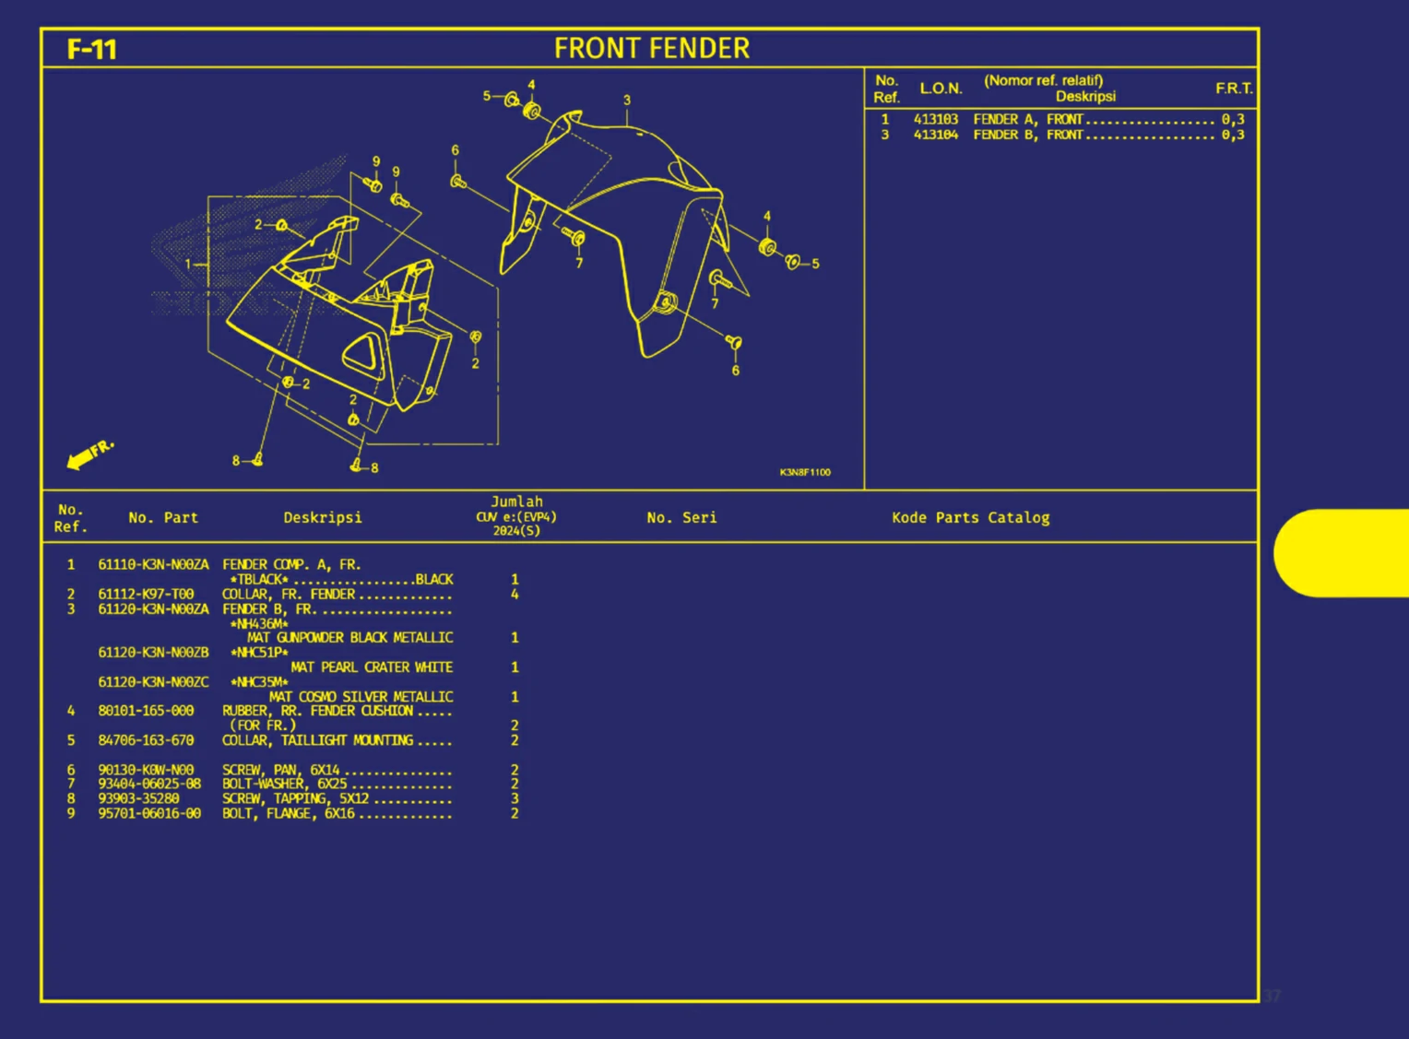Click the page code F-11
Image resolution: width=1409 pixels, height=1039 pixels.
91,49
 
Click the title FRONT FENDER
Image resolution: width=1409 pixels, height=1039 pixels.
651,49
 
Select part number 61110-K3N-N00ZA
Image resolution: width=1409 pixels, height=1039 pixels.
153,564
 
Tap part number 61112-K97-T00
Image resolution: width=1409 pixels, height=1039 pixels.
146,595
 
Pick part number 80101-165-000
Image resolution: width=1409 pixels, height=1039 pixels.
146,711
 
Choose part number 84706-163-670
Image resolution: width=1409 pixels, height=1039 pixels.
146,740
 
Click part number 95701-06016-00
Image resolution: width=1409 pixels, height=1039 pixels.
149,813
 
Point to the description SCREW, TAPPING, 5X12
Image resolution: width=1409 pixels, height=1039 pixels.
295,798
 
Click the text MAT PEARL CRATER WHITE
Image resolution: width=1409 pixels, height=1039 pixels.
372,667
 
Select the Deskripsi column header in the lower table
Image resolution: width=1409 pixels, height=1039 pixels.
322,518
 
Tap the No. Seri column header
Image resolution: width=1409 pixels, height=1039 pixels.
681,518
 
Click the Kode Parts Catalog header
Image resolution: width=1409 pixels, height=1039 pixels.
970,518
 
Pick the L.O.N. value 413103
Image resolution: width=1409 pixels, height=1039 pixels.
935,119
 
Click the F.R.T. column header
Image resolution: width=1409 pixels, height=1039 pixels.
1233,89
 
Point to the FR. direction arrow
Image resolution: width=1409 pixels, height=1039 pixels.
89,454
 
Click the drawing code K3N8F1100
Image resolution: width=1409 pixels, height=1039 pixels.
804,472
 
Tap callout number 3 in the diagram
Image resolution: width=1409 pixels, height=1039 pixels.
627,100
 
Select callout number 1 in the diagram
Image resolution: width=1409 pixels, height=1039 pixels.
188,264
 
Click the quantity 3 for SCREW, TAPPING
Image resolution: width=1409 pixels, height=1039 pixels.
515,798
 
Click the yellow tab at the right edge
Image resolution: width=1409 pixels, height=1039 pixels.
1342,553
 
